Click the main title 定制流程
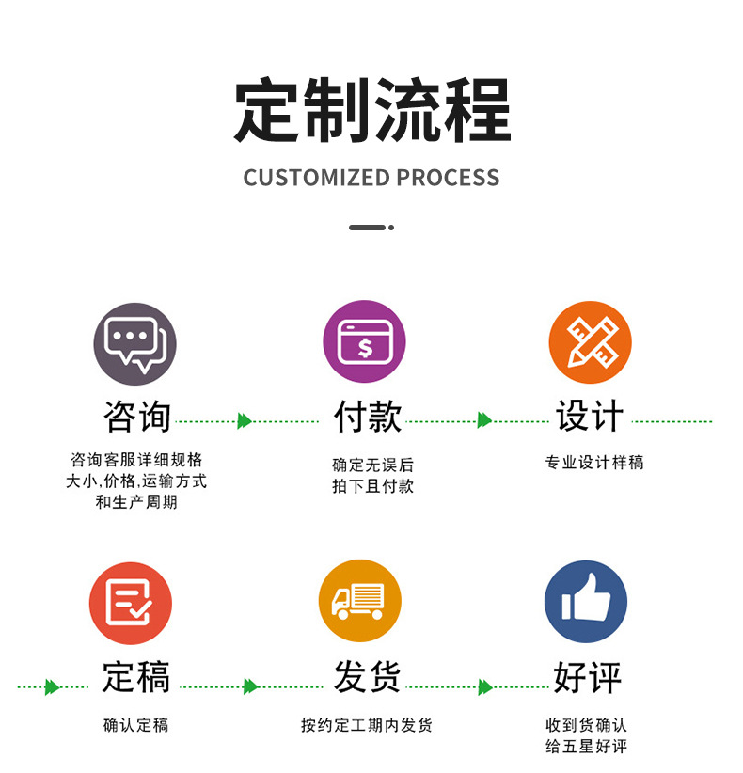371,110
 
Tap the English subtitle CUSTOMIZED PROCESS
371,178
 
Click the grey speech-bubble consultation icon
134,344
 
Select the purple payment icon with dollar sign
364,342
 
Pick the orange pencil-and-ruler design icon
590,342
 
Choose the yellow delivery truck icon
359,601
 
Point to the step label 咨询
137,418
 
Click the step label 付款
367,418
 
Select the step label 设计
590,418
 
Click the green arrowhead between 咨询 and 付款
245,421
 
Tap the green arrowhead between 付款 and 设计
484,420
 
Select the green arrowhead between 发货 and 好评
484,687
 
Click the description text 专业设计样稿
594,463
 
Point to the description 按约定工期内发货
367,725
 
